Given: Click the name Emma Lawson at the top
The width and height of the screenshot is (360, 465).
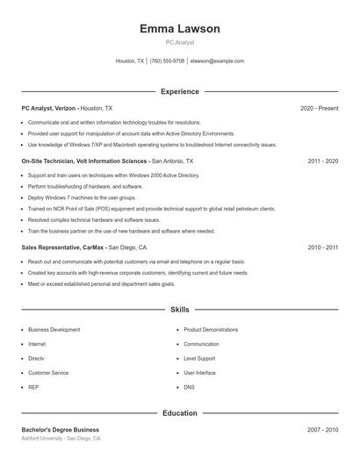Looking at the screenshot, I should (179, 29).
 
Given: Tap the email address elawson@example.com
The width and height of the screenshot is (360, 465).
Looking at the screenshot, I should (217, 61).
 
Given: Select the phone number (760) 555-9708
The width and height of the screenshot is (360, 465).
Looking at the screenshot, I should (167, 61).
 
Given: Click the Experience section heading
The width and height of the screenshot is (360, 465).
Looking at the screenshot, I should (179, 91).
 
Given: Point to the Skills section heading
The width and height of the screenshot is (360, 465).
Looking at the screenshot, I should (179, 310).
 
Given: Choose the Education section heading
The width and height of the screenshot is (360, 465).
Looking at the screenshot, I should (179, 412).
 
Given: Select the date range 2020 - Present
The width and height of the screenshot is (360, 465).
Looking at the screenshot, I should (319, 108).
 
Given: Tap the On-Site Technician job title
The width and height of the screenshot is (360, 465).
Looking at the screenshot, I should (85, 162).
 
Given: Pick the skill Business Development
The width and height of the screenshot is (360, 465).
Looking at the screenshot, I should (54, 330).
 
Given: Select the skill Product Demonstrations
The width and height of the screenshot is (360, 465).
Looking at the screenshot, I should (211, 330).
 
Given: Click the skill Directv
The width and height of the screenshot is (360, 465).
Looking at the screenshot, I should (36, 358).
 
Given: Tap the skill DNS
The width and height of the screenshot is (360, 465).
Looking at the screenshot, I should (189, 387).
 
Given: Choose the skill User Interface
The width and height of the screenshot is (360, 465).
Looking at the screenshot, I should (199, 373).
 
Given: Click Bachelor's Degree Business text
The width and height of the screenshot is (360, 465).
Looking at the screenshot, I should (60, 430).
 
